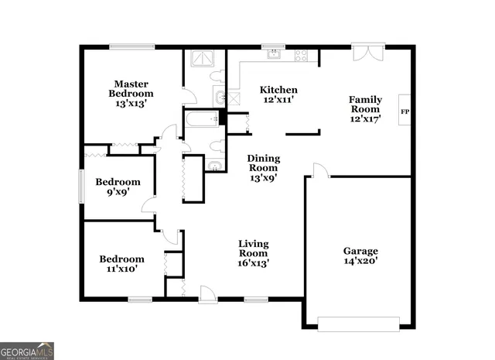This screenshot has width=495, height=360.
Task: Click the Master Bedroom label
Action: click(x=131, y=94)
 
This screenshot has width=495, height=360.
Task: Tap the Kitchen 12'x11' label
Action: click(x=278, y=94)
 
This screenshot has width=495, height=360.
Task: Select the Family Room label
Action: click(x=366, y=109)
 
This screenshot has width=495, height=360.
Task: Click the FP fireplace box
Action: click(x=404, y=112)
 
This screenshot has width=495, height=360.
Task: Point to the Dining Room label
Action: click(x=263, y=168)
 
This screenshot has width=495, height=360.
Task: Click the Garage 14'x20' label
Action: click(x=360, y=256)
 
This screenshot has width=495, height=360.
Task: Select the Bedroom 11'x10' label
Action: click(x=121, y=264)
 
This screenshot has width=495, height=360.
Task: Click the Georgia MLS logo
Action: click(x=27, y=350)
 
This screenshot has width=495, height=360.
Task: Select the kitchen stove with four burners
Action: click(x=301, y=55)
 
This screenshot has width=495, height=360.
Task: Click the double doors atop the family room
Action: click(x=367, y=52)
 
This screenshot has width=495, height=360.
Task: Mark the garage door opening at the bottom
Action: click(x=359, y=324)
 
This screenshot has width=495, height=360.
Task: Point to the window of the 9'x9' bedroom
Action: click(x=81, y=187)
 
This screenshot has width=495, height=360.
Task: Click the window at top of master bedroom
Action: click(x=132, y=47)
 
